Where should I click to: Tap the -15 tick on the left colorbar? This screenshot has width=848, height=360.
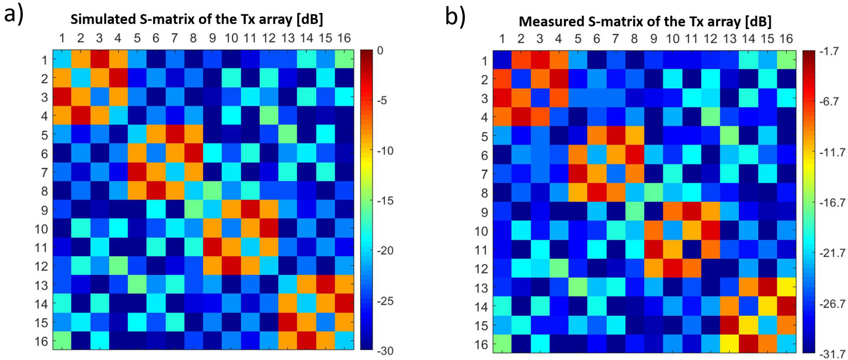point(384,201)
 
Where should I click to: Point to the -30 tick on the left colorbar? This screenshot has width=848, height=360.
point(384,351)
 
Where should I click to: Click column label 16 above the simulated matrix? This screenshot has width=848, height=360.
point(344,38)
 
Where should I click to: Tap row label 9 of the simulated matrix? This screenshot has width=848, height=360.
point(44,210)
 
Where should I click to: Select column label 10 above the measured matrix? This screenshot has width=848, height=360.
point(673,39)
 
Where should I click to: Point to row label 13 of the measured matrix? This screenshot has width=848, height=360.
point(481,288)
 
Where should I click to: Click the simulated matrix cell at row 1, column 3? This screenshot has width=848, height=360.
point(100,59)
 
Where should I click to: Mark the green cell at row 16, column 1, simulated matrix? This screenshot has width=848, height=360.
point(62,340)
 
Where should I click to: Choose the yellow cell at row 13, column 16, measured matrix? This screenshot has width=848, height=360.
point(786,287)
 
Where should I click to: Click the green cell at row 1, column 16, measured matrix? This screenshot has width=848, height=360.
point(786,60)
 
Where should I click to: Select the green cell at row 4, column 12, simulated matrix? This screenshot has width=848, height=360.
point(269,115)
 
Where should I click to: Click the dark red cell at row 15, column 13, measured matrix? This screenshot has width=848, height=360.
point(730,325)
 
